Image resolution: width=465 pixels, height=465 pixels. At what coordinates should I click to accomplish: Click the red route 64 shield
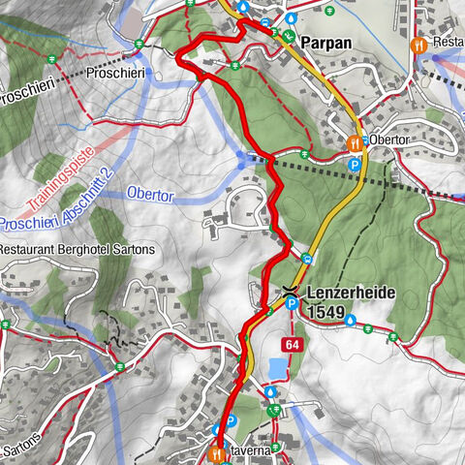(x=293, y=345)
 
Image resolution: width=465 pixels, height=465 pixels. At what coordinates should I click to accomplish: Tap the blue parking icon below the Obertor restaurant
(x=355, y=165)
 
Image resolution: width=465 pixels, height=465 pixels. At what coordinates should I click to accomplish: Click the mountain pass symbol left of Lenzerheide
(x=290, y=290)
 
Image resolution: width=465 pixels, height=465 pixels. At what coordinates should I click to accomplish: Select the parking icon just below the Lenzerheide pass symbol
(x=291, y=306)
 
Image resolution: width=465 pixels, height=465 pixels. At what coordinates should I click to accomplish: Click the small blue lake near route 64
(x=276, y=368)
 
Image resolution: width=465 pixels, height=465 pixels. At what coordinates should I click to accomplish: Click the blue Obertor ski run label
(x=149, y=196)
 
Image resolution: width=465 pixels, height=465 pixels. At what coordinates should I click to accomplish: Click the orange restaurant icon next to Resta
(x=418, y=45)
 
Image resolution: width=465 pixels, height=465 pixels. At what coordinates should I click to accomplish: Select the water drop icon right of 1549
(x=351, y=319)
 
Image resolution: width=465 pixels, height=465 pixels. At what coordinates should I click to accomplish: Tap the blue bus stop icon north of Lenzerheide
(x=306, y=258)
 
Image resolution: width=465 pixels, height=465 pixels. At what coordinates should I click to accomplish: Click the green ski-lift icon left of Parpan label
(x=288, y=37)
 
